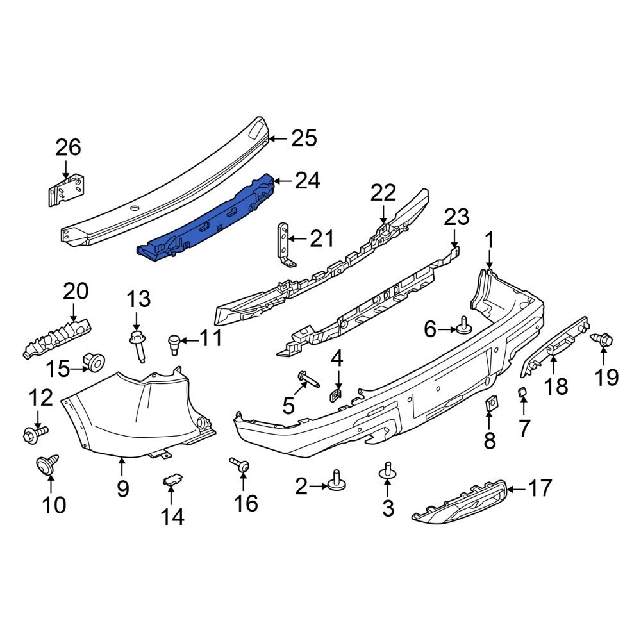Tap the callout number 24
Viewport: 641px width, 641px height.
pyautogui.click(x=308, y=181)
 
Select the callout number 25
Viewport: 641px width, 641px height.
pyautogui.click(x=304, y=138)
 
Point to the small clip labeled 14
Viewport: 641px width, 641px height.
pyautogui.click(x=171, y=478)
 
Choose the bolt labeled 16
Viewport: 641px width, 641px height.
pyautogui.click(x=240, y=467)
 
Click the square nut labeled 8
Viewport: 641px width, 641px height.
pyautogui.click(x=490, y=404)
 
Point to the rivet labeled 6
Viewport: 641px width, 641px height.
pyautogui.click(x=463, y=328)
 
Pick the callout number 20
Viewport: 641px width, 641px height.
pyautogui.click(x=75, y=292)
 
